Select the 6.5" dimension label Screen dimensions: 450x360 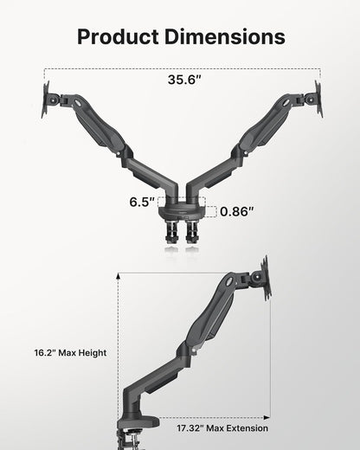(141, 202)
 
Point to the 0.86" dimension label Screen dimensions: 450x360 (236, 211)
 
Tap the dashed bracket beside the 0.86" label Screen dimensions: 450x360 (211, 211)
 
